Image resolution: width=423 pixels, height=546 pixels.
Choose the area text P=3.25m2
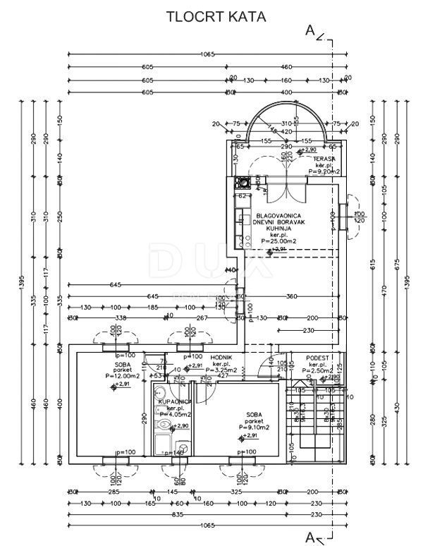point(225,371)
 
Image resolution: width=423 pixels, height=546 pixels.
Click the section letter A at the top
point(309,30)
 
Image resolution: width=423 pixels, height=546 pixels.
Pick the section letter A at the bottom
point(309,538)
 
